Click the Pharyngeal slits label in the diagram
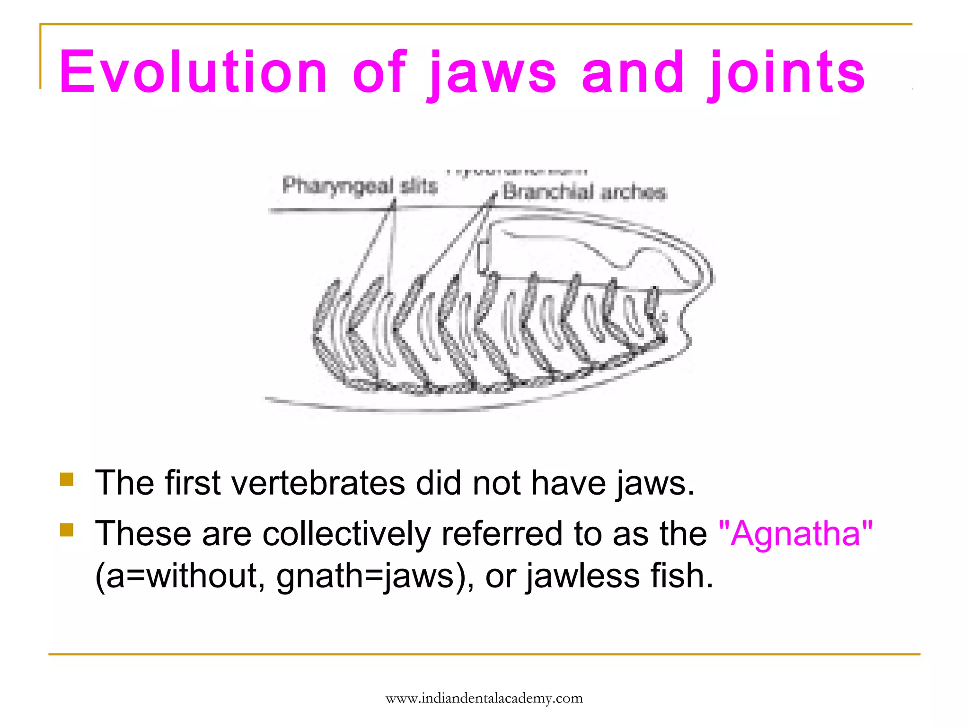360,186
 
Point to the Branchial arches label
584,192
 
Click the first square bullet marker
67,479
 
